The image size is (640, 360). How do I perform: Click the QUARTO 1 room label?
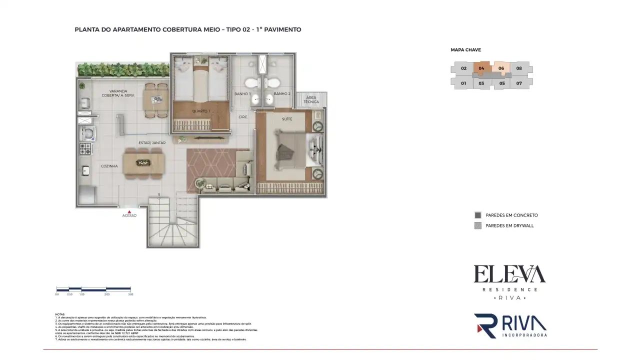(x=201, y=111)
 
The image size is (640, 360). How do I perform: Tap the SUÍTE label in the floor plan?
(x=287, y=118)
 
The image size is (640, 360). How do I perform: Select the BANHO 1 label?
(x=242, y=93)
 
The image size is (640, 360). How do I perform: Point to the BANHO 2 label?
(x=282, y=93)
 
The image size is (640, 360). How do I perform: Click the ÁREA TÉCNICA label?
(x=311, y=99)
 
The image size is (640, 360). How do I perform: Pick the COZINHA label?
(x=109, y=166)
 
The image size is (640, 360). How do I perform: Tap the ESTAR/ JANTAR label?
(x=152, y=143)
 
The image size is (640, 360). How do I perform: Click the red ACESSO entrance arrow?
(x=129, y=211)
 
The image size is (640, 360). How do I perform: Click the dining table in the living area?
(x=143, y=162)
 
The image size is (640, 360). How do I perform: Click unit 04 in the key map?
(x=481, y=68)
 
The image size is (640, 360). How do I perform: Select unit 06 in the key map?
(x=501, y=68)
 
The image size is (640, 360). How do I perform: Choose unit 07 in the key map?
(x=519, y=83)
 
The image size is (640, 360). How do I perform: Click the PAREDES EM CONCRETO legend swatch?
(x=477, y=215)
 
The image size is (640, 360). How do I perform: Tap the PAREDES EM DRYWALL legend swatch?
(x=477, y=225)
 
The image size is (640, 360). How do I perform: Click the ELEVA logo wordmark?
(x=509, y=274)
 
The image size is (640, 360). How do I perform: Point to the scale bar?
(x=93, y=288)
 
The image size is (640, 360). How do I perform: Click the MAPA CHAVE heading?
(x=465, y=50)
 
